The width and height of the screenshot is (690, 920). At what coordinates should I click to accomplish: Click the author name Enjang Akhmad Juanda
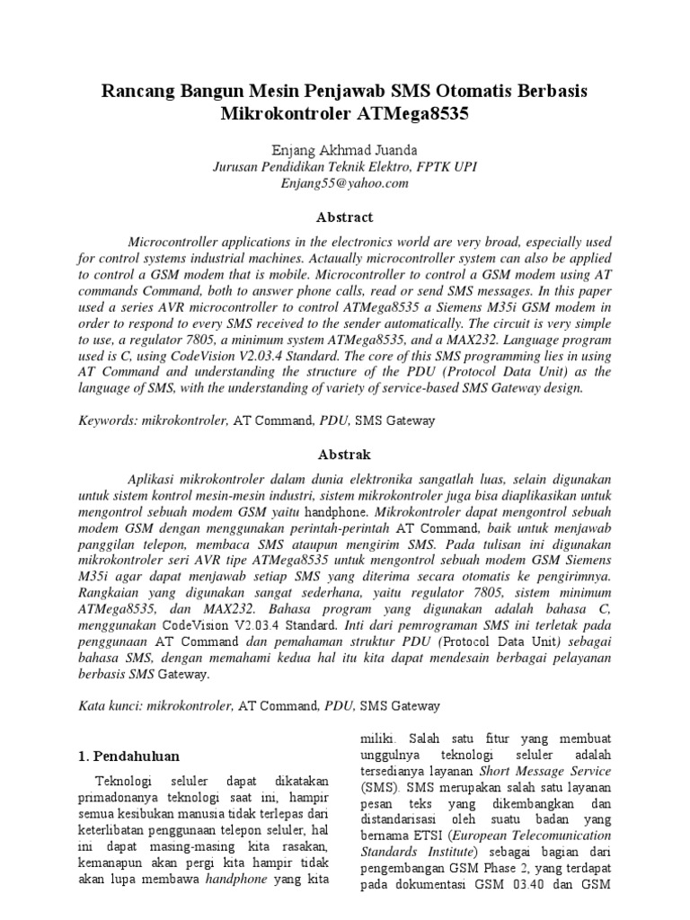point(344,150)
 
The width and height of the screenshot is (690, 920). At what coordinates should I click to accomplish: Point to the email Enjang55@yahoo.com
point(344,182)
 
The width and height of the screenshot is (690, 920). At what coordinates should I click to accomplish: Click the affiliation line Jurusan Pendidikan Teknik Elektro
point(344,166)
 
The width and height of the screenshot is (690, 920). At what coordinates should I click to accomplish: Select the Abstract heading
point(344,217)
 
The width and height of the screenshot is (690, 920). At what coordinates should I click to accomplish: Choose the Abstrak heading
point(344,455)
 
